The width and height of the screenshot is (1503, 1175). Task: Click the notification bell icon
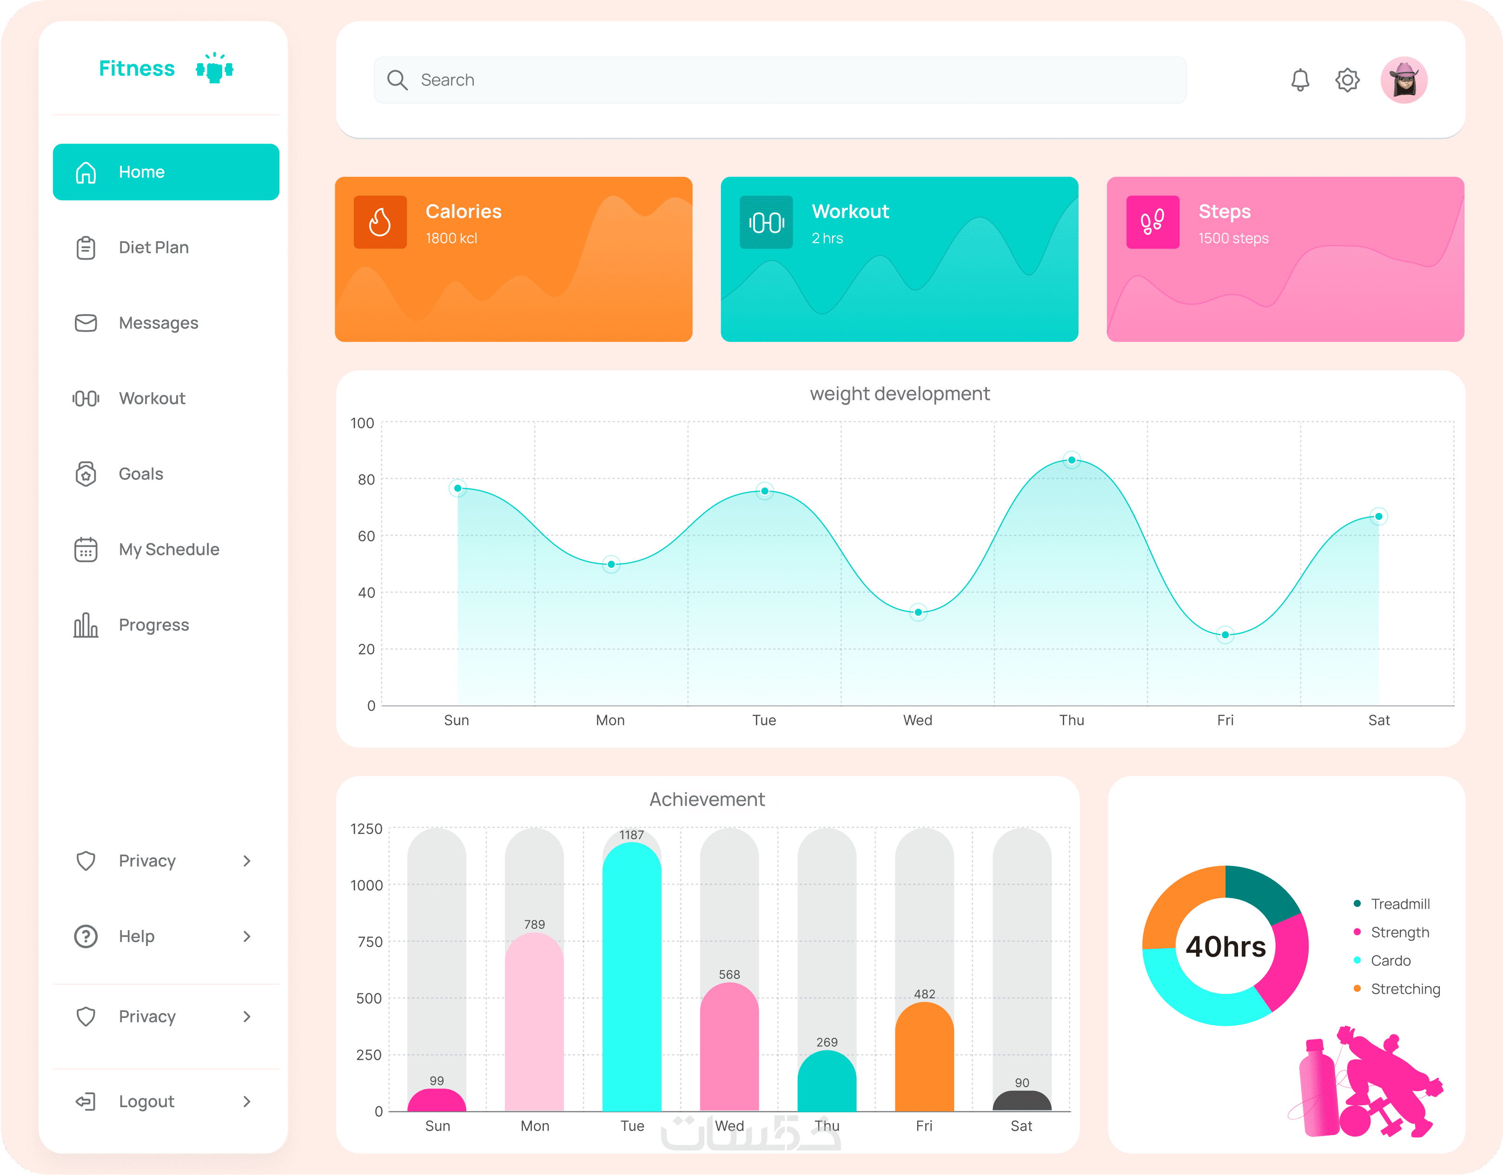[1299, 80]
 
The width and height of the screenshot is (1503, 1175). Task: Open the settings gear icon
[1347, 80]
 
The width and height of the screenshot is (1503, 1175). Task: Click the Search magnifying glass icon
[397, 80]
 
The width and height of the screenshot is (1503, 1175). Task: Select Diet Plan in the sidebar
[153, 248]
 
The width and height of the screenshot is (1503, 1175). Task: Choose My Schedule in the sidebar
[169, 550]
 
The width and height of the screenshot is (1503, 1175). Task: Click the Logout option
[146, 1102]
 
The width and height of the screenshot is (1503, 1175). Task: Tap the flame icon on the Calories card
[380, 222]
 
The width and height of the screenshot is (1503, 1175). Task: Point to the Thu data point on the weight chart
[1072, 460]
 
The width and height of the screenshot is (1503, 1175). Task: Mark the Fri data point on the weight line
[1225, 635]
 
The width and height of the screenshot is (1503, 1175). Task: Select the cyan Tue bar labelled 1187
[632, 977]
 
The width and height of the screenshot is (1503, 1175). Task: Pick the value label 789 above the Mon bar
[534, 925]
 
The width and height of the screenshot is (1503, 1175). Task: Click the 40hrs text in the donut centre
[1225, 946]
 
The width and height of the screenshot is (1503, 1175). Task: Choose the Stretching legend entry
[1404, 989]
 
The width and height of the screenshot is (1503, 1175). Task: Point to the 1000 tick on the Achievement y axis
[366, 886]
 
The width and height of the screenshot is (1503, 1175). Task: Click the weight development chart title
[900, 394]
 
